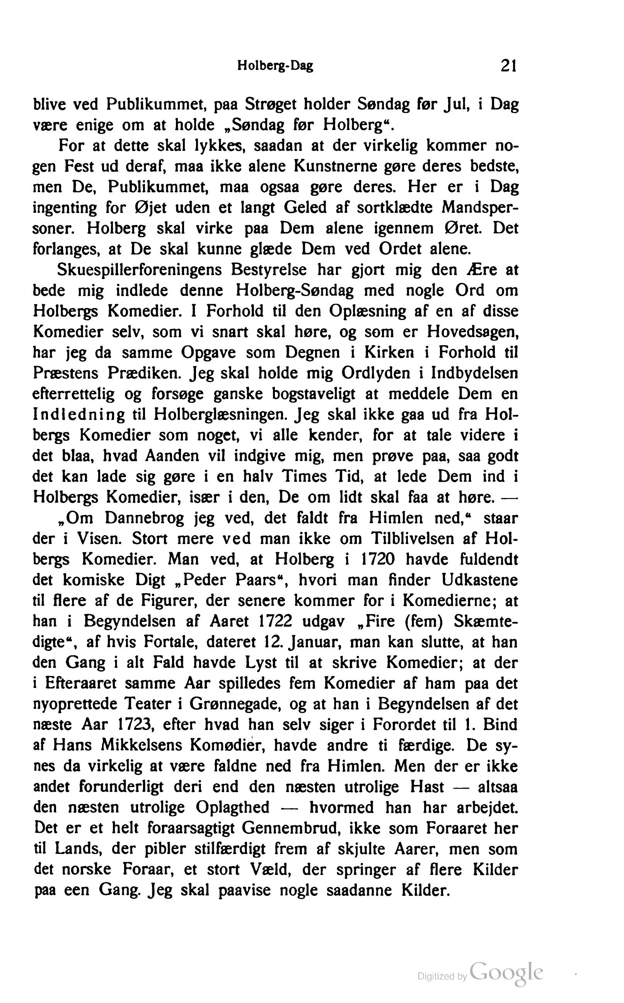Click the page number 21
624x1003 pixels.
(x=508, y=66)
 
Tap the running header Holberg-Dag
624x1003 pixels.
(x=275, y=66)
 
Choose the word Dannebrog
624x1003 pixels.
(x=144, y=518)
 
